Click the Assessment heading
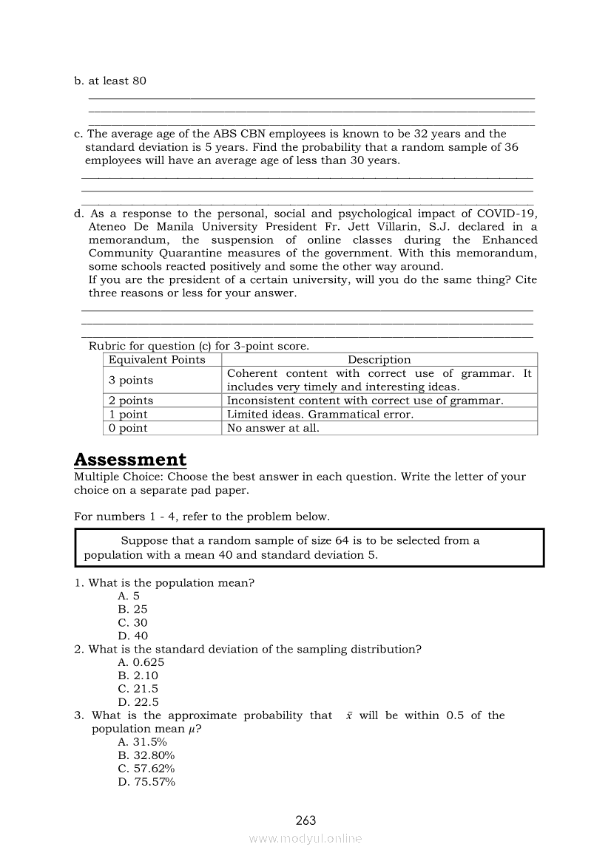(x=130, y=460)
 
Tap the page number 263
(x=305, y=820)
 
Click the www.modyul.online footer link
(x=305, y=838)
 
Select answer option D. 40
(x=133, y=636)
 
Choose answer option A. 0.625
(x=141, y=662)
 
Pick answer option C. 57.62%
(x=146, y=769)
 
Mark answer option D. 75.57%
(x=146, y=782)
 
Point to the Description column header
(x=379, y=360)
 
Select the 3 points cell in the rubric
(x=131, y=380)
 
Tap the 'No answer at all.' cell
(x=273, y=428)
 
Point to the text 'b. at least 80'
(x=110, y=81)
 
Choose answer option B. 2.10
(x=138, y=676)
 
